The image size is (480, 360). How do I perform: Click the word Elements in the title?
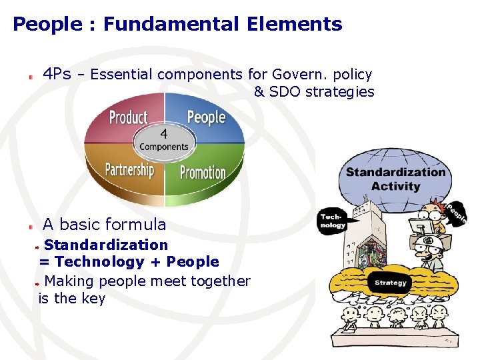294,25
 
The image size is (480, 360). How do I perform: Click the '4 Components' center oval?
164,140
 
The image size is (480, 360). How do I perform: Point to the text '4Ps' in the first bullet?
57,74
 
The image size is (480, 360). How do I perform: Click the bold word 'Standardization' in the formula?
106,245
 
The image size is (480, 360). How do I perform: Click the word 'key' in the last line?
93,298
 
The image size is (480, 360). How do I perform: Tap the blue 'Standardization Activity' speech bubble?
395,179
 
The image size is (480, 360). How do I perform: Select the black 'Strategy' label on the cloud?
391,283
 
